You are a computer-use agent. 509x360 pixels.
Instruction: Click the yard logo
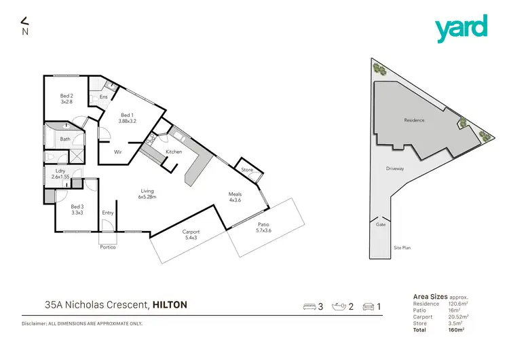461,28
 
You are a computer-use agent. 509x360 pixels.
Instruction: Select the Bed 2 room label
67,98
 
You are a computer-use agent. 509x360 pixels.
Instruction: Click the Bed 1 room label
128,118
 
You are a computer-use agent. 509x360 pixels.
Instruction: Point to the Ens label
103,97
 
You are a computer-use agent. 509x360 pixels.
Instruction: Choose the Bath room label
65,139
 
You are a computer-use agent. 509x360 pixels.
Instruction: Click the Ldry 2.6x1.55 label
60,174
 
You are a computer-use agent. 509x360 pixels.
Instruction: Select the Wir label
117,151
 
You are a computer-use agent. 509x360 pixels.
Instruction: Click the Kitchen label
174,151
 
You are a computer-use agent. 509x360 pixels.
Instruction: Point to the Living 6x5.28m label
148,194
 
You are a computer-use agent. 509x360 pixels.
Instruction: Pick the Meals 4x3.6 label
235,198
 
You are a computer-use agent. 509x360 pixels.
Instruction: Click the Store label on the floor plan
246,169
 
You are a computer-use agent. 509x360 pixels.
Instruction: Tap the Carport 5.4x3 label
190,235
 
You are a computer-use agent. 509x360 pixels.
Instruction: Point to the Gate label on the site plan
380,223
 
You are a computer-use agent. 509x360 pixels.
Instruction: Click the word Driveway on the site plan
396,167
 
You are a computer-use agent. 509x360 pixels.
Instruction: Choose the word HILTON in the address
170,305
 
